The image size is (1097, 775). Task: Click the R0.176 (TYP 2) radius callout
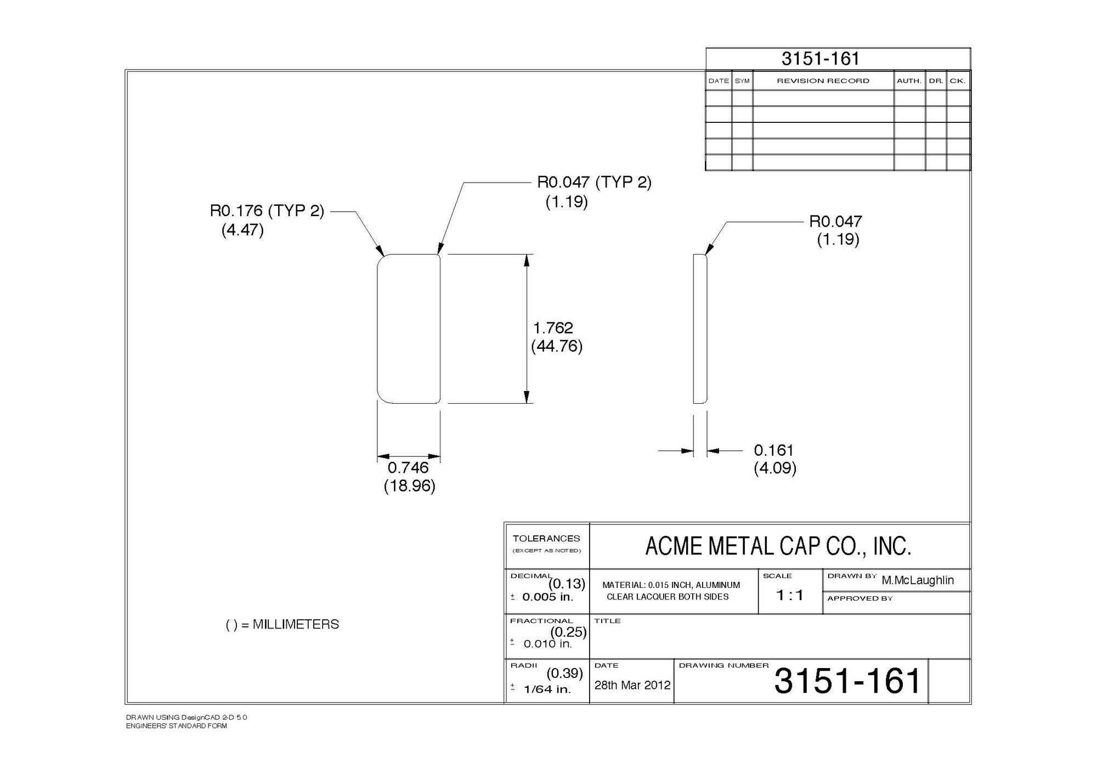click(x=267, y=211)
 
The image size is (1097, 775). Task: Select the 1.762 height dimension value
click(x=553, y=328)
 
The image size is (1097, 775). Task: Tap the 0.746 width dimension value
click(x=408, y=468)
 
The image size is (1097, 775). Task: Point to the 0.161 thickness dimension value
click(x=773, y=450)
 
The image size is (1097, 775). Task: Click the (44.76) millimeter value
click(x=557, y=346)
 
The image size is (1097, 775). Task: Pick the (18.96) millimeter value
click(x=409, y=486)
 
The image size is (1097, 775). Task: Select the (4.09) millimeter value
click(x=774, y=468)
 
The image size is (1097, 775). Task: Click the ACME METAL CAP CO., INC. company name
click(x=778, y=546)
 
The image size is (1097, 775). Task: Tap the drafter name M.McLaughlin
click(x=918, y=580)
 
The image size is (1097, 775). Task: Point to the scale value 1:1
click(x=790, y=595)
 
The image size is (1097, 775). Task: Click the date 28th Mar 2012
click(x=632, y=685)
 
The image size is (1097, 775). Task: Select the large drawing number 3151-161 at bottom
click(x=847, y=681)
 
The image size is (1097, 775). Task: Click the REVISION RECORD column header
click(x=823, y=81)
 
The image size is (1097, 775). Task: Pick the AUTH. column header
click(x=909, y=81)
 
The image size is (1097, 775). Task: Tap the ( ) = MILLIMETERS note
click(x=282, y=625)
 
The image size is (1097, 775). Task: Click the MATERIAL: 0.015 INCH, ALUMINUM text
click(x=671, y=585)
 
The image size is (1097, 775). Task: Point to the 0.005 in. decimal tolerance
click(x=547, y=597)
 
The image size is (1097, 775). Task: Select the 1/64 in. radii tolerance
click(x=547, y=689)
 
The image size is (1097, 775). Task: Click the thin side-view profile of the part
click(x=700, y=329)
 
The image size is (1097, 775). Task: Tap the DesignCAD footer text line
click(x=186, y=717)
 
